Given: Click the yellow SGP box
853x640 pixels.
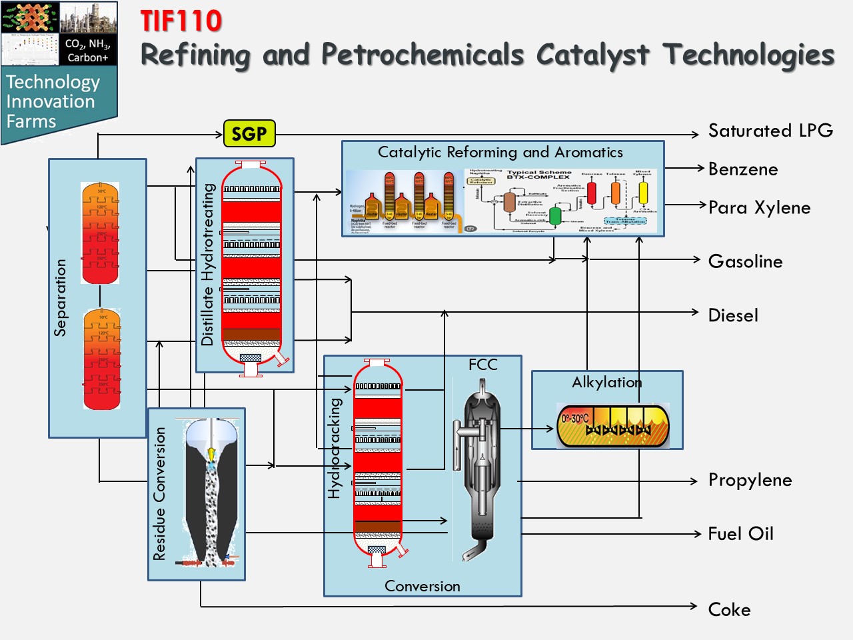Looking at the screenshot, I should click(x=249, y=134).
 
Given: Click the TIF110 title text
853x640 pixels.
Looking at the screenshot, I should click(x=181, y=21).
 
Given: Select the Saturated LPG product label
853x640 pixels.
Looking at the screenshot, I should click(x=770, y=131).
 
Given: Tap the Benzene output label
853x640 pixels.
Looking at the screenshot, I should click(x=743, y=169).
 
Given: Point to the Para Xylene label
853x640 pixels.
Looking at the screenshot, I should click(x=759, y=208).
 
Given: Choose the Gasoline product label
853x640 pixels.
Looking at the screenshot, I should click(x=745, y=261).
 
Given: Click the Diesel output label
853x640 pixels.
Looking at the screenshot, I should click(x=733, y=315).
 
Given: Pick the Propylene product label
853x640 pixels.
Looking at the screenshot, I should click(x=750, y=480).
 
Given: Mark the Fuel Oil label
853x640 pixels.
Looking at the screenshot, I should click(x=740, y=534).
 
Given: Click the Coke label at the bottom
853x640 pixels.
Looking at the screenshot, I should click(x=729, y=610).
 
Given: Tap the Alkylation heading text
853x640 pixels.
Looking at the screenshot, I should click(x=606, y=382).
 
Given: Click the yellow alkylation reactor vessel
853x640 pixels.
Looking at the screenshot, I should click(x=612, y=426).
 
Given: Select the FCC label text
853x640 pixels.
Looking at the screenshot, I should click(x=482, y=365).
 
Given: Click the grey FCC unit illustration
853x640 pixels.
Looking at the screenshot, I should click(x=478, y=467).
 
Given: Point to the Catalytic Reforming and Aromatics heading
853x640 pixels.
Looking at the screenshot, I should click(x=500, y=152).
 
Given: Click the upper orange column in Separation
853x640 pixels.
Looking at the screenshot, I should click(x=100, y=233).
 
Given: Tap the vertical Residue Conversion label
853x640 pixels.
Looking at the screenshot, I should click(x=159, y=494).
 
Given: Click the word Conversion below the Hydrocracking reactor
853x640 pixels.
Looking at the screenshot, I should click(x=422, y=586).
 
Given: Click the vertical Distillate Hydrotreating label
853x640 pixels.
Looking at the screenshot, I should click(x=207, y=265).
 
